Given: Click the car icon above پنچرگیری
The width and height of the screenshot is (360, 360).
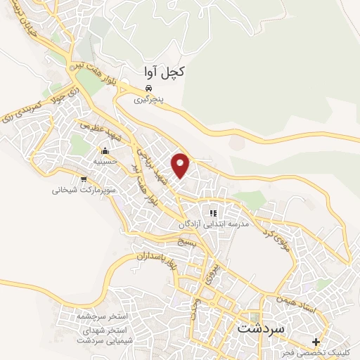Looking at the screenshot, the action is [x=148, y=88].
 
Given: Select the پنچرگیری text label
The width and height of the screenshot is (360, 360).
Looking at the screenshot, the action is [x=149, y=100].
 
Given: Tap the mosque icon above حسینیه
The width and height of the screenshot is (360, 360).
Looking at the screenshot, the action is [x=105, y=150].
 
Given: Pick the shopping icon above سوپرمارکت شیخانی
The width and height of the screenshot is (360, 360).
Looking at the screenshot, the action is [x=84, y=179].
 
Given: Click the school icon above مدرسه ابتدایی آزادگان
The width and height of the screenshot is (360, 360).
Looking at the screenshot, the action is [x=212, y=212].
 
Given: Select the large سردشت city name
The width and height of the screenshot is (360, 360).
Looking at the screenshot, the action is [x=260, y=328].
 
